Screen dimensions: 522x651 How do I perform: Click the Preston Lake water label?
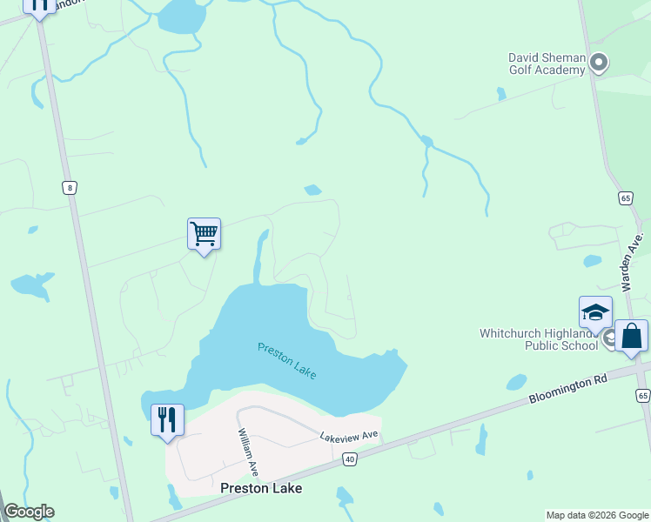pos(287,359)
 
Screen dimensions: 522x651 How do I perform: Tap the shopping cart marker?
pos(204,234)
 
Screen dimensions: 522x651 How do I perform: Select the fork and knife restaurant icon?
pos(167,421)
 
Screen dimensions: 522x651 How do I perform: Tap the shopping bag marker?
pos(631,336)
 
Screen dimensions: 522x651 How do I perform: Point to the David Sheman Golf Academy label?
pos(547,64)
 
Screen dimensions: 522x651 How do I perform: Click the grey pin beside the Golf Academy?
pos(598,63)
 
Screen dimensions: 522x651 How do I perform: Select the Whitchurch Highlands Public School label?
pos(539,339)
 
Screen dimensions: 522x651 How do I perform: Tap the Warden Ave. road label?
pos(631,261)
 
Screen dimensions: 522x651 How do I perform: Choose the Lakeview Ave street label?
pos(349,435)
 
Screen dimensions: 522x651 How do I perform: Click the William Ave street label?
pos(248,452)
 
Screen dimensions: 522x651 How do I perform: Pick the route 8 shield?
pos(70,187)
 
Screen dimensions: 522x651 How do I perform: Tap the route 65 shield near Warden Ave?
pos(626,198)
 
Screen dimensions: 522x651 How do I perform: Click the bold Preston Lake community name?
pos(261,488)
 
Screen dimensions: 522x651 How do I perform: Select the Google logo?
pos(29,512)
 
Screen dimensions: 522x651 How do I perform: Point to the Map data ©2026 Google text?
pos(596,515)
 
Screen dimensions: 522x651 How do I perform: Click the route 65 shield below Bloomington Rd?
pos(642,396)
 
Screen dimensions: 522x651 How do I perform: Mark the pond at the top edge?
pos(183,14)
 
